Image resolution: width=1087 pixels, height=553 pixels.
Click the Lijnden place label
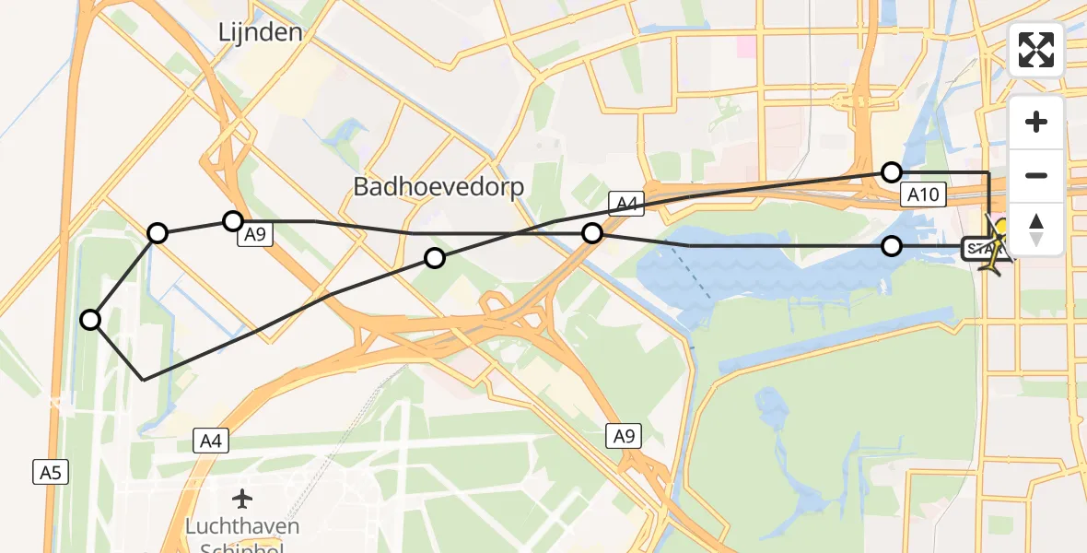(x=260, y=33)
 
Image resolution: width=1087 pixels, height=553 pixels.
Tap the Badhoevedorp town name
(x=438, y=187)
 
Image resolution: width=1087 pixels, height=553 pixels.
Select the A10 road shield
(x=922, y=194)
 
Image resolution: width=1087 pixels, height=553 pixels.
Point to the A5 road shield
(x=51, y=473)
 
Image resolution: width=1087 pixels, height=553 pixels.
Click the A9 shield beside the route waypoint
(x=255, y=235)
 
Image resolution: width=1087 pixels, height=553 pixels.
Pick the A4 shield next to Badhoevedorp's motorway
(x=624, y=204)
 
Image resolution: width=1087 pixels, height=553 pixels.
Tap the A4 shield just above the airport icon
(x=212, y=441)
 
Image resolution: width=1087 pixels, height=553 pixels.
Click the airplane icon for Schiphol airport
(x=242, y=499)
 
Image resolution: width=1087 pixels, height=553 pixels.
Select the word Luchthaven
(x=242, y=526)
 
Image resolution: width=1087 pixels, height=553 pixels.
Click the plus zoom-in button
(x=1036, y=122)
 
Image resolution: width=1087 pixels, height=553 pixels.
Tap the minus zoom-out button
(x=1036, y=175)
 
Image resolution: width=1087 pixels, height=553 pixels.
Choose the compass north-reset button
(x=1036, y=229)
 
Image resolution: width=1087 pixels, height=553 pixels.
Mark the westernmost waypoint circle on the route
(x=90, y=320)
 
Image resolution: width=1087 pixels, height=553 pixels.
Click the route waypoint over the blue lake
(x=891, y=246)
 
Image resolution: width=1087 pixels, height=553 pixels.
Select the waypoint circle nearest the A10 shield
(x=891, y=171)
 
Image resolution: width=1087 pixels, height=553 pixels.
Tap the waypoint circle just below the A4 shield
(x=592, y=234)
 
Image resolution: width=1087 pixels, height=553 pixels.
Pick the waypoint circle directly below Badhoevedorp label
(x=434, y=258)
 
